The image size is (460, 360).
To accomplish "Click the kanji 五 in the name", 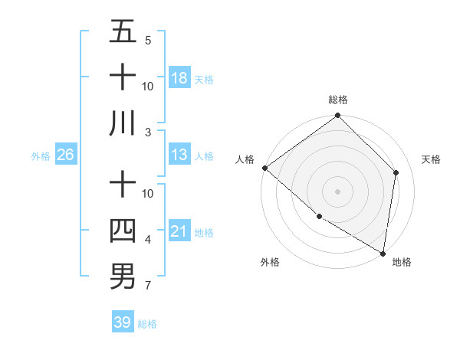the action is [x=123, y=31].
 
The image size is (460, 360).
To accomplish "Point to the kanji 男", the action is [x=123, y=276].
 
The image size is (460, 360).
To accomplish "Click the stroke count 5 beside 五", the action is [x=147, y=40].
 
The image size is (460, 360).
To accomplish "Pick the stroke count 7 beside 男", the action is [x=147, y=286].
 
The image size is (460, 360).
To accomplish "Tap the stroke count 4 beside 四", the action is [x=147, y=240].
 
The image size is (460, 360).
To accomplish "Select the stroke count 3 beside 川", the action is [x=147, y=133].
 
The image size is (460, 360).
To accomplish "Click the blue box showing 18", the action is [x=179, y=77].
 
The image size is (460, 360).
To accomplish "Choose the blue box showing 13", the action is [x=179, y=155].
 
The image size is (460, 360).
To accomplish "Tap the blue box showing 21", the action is [x=179, y=231].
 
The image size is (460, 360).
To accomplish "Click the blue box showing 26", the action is [x=65, y=155].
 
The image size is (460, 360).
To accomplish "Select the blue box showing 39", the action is [x=123, y=322].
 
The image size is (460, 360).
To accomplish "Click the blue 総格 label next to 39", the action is [x=147, y=324].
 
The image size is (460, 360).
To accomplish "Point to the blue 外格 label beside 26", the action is [x=41, y=156].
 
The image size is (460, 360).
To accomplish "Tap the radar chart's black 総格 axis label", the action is [x=338, y=100].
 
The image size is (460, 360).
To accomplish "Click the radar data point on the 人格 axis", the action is [x=264, y=168].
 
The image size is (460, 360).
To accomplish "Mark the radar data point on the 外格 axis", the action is [x=319, y=217].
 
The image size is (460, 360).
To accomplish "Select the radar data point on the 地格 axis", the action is [x=382, y=252].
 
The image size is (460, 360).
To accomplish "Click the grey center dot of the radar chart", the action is [x=337, y=191].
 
